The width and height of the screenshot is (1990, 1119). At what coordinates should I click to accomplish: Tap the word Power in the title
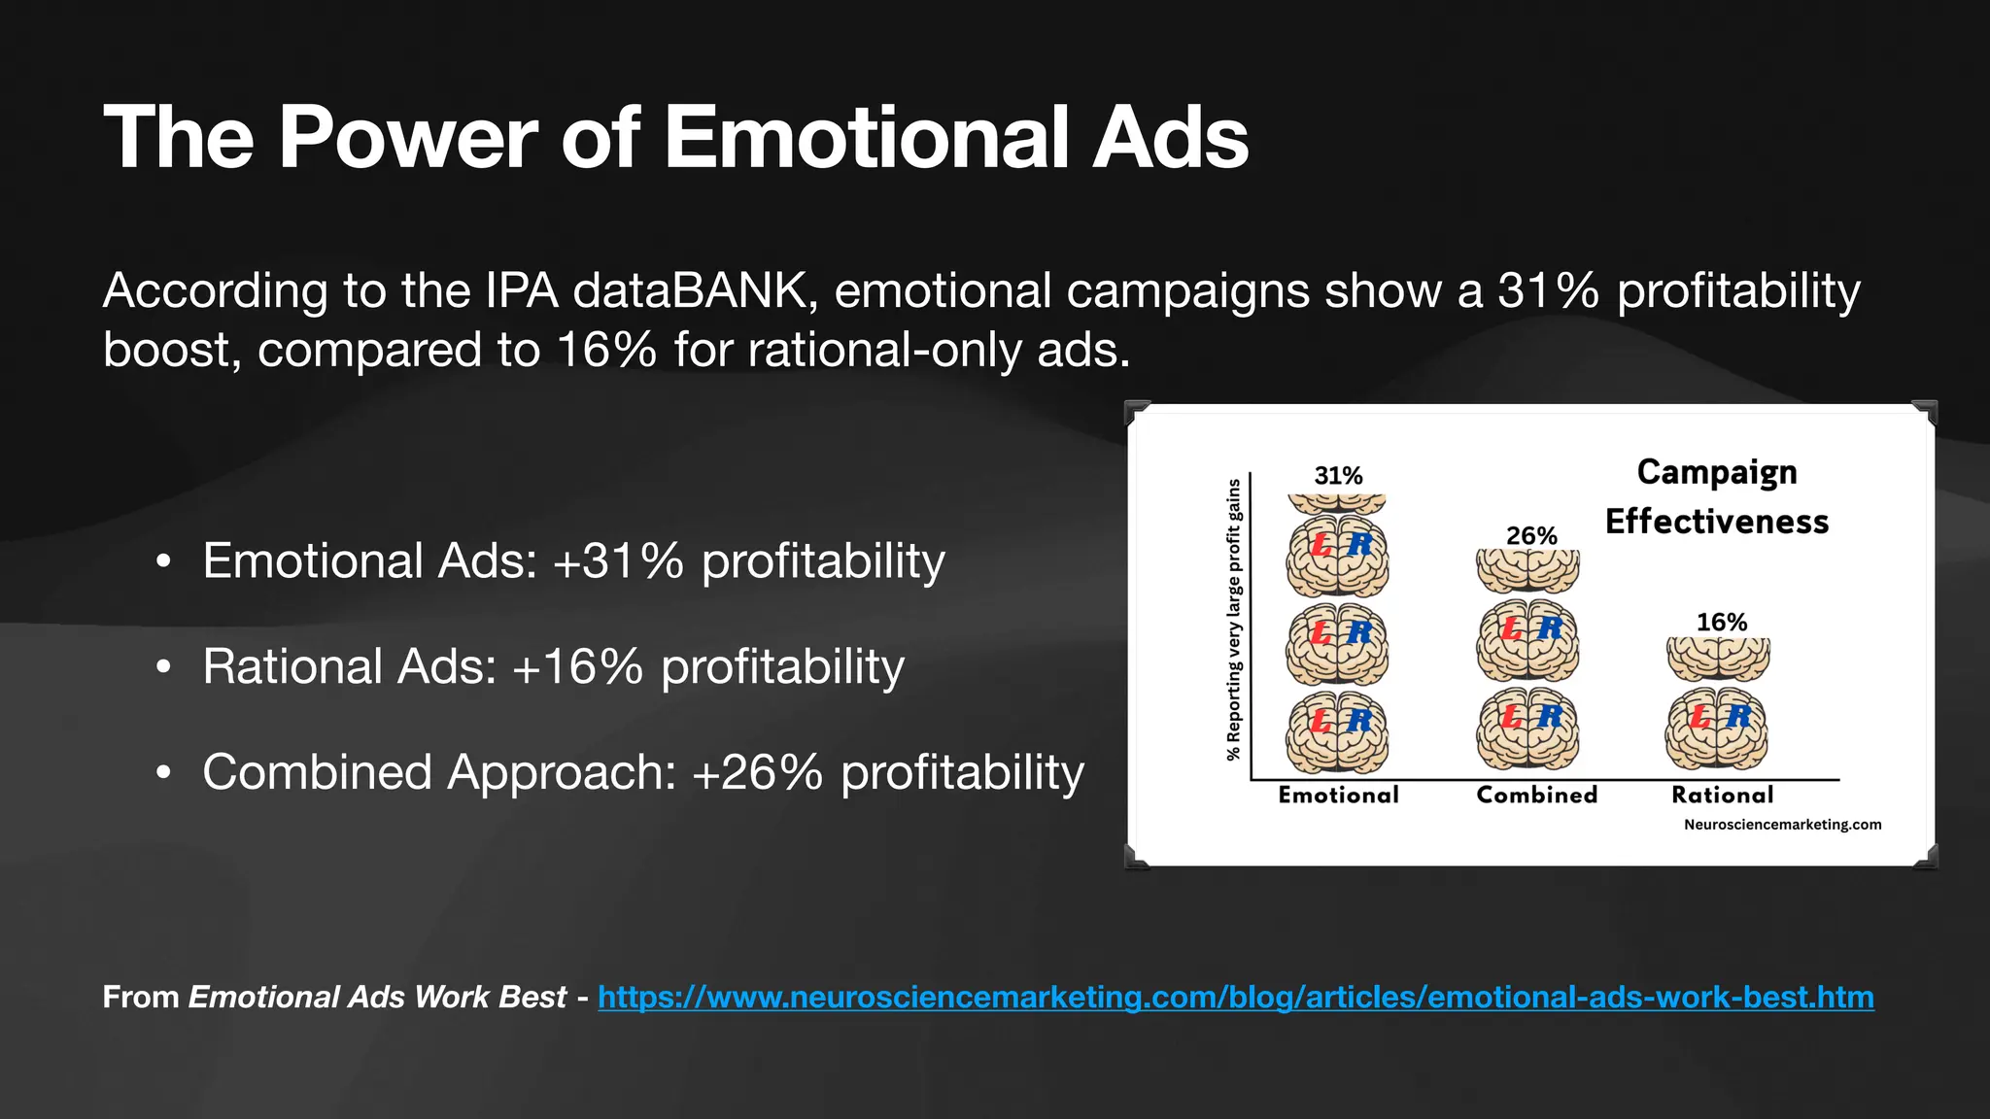(x=407, y=138)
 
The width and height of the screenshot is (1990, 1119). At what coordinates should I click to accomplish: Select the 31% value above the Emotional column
(x=1338, y=476)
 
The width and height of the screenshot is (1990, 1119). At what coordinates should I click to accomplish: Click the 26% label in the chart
(x=1531, y=536)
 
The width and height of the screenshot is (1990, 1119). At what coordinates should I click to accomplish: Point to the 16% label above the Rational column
(x=1721, y=623)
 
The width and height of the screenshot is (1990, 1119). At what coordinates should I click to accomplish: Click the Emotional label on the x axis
(x=1338, y=796)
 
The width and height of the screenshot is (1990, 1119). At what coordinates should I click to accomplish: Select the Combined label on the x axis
(x=1536, y=796)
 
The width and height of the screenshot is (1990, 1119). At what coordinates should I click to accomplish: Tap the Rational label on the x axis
(x=1722, y=796)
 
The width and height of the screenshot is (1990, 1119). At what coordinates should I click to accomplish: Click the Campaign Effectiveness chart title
(x=1716, y=496)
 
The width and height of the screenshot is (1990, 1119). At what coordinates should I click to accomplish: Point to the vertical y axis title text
(x=1234, y=620)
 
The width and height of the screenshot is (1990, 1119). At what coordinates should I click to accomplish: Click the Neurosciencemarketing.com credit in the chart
(x=1782, y=825)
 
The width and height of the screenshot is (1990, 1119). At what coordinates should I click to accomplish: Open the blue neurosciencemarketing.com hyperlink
(x=1235, y=998)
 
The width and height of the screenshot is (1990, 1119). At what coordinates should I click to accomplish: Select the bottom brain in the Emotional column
(x=1338, y=731)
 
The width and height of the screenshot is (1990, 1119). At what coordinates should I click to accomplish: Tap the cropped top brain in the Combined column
(x=1527, y=570)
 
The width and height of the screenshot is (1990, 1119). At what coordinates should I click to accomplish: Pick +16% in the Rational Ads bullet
(x=577, y=667)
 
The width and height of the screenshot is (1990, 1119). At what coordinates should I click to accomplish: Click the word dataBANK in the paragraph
(x=690, y=291)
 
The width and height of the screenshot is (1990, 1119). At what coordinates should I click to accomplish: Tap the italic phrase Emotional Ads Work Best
(x=377, y=998)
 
